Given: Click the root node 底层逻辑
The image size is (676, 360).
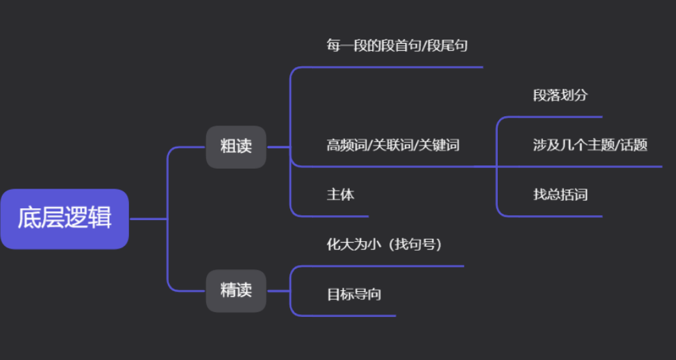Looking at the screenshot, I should [64, 219].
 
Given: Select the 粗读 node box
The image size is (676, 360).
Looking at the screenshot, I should [236, 146].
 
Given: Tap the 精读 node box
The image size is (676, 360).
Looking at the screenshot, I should [236, 290].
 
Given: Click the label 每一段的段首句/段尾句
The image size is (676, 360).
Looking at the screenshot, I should [397, 46].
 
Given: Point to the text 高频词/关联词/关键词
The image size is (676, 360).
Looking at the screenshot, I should [393, 145].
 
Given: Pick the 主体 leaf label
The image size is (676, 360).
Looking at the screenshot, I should [340, 195].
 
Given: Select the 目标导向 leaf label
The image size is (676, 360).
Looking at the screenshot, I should [354, 295].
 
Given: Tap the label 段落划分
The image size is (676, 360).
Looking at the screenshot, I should [560, 96].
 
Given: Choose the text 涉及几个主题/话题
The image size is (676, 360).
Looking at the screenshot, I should [590, 145].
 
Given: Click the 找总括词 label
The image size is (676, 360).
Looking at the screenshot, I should [560, 195].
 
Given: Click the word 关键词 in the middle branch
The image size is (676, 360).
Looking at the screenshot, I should [438, 145].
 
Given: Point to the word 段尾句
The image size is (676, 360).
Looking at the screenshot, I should [449, 46].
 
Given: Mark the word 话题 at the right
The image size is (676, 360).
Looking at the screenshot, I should [634, 145].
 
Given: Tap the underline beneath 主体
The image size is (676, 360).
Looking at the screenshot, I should [341, 216].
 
